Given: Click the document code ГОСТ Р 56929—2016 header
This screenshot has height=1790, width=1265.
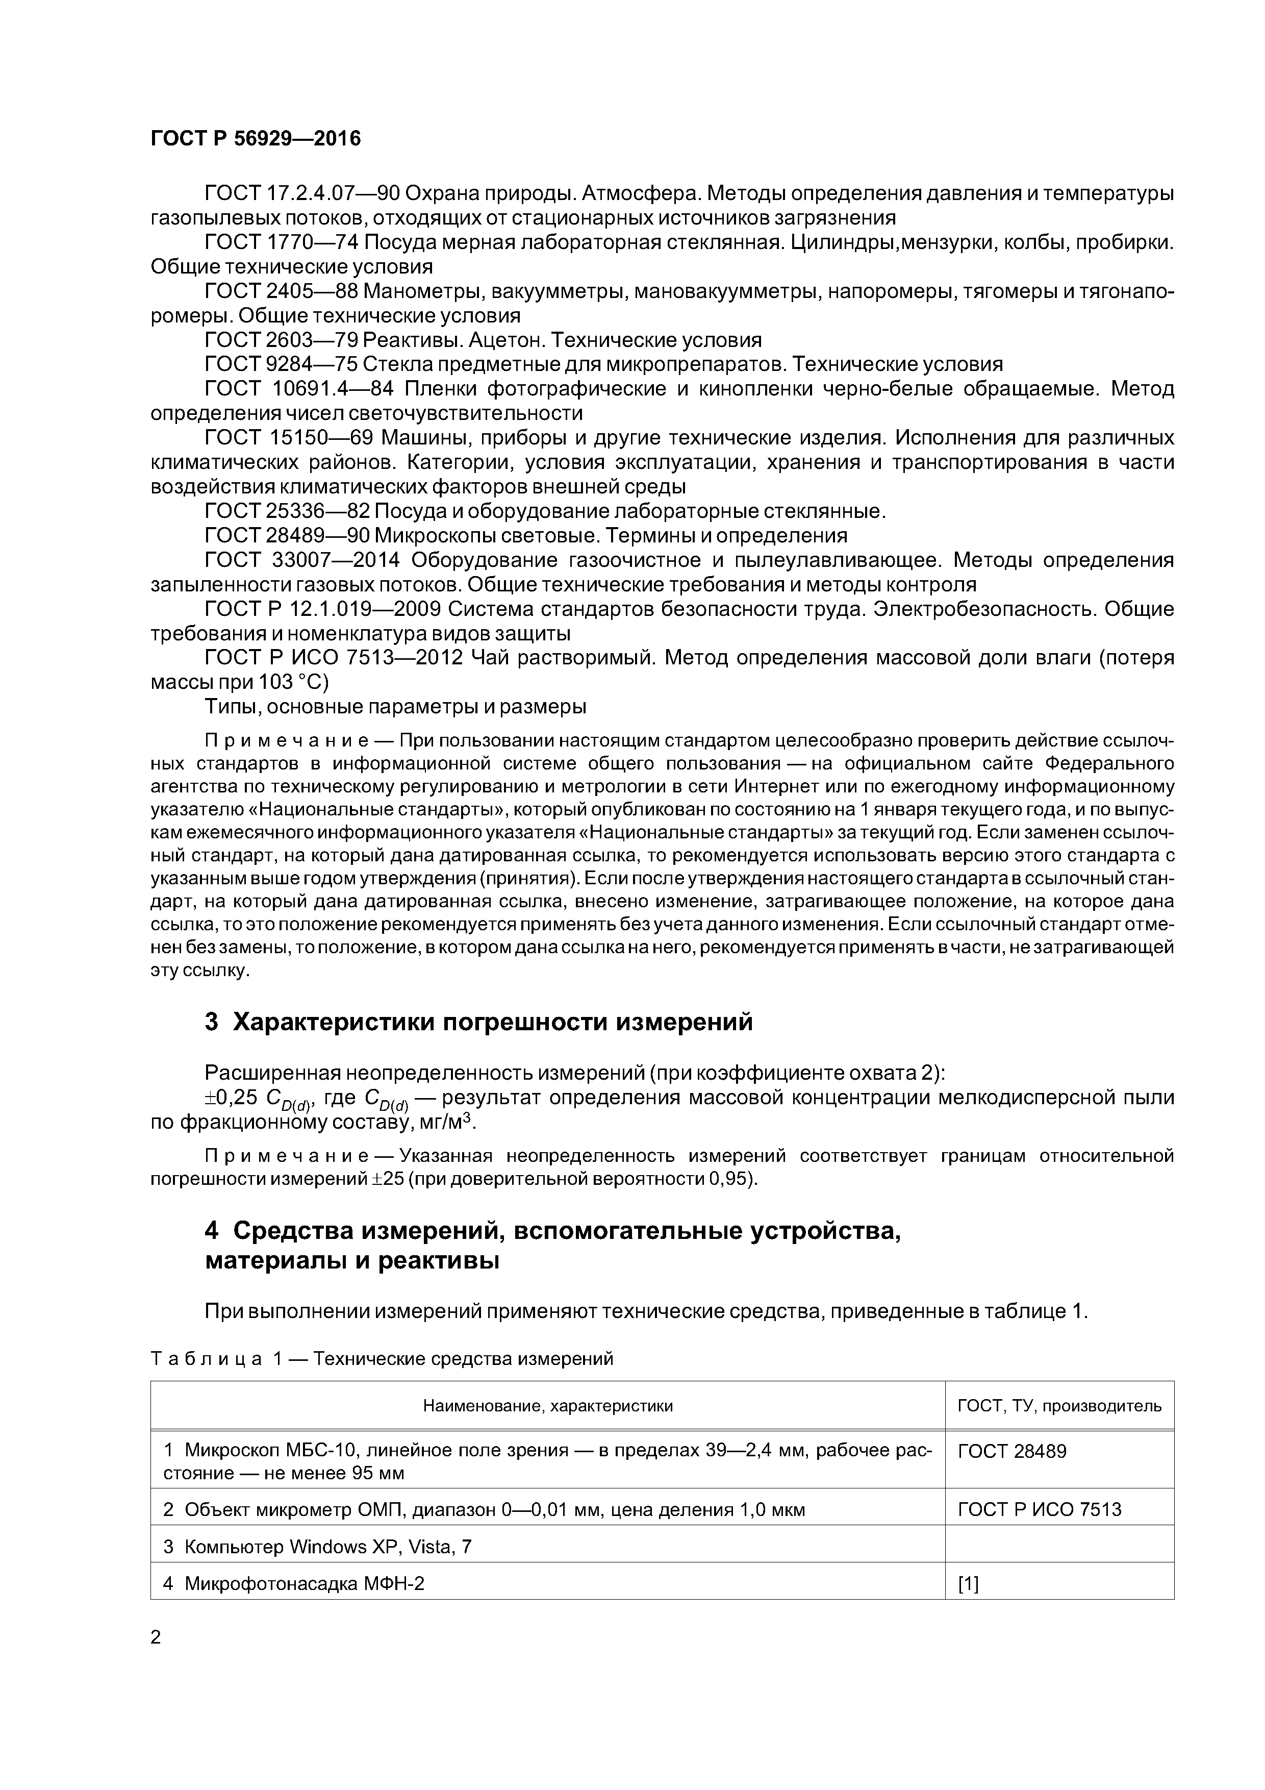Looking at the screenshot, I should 256,139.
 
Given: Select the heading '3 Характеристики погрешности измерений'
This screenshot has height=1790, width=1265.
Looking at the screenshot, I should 478,1022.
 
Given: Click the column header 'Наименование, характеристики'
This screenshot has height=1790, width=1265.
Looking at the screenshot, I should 547,1406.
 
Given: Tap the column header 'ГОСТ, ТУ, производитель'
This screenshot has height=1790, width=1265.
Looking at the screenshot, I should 1058,1406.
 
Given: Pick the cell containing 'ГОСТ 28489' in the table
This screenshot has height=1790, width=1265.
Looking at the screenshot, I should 1011,1451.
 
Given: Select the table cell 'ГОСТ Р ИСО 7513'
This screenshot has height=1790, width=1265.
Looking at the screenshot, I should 1039,1509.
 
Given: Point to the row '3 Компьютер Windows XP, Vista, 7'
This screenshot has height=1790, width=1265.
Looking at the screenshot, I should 317,1546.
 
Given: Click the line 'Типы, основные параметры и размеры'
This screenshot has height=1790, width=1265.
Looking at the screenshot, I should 395,706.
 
